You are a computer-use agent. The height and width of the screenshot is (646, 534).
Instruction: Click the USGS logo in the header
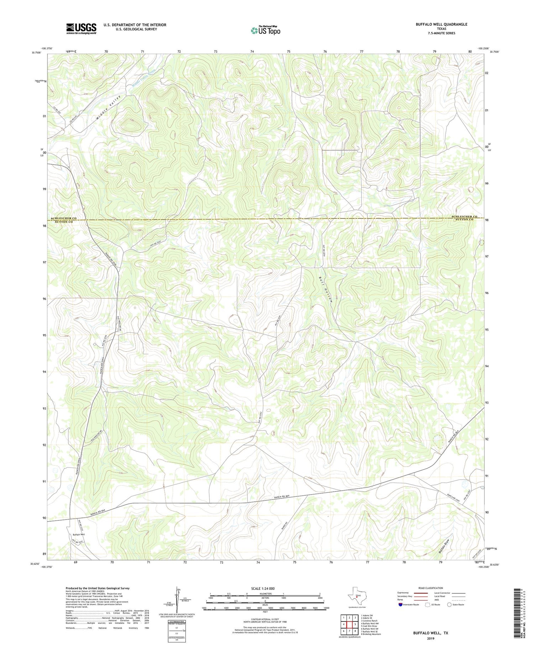(81, 29)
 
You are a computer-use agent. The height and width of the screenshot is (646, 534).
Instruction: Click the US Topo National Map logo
(265, 30)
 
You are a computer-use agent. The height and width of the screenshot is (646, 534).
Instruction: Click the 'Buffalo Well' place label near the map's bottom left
(79, 534)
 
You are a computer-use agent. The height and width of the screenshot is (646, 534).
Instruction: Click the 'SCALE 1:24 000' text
(265, 588)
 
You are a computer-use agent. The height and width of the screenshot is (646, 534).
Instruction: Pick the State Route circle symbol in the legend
(449, 605)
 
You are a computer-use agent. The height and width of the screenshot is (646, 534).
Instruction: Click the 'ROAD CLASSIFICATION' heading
(431, 588)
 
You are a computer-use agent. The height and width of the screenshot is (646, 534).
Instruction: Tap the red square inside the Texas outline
(357, 598)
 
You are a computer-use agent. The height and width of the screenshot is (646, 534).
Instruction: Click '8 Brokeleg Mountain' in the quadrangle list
(371, 634)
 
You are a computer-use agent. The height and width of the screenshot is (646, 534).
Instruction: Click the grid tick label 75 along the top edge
(288, 52)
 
